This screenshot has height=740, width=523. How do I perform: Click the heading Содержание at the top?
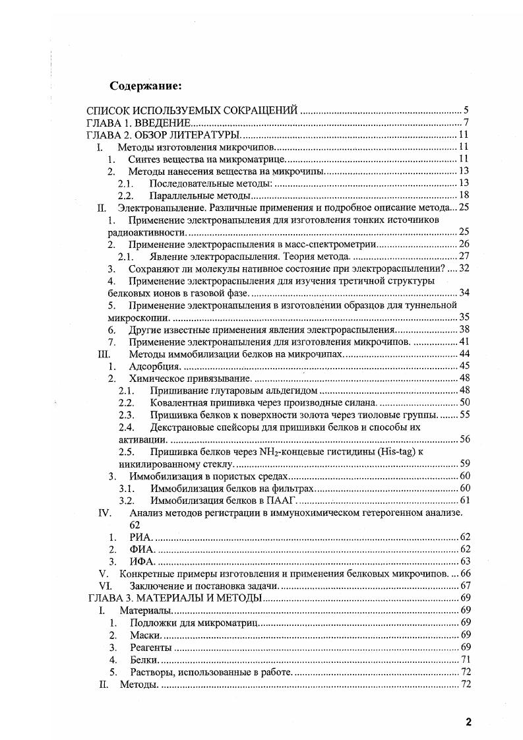point(145,86)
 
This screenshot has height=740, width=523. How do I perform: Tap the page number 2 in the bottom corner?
point(468,722)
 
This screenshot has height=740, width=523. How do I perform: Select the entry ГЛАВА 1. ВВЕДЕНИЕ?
point(140,123)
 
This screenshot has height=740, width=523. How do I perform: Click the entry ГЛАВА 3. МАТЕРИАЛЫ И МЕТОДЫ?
point(175,598)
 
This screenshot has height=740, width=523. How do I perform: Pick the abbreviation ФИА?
point(142,549)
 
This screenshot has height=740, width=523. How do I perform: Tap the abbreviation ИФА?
point(142,561)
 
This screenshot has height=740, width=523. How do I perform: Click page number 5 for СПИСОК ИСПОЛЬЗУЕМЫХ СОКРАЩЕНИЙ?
point(466,111)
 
